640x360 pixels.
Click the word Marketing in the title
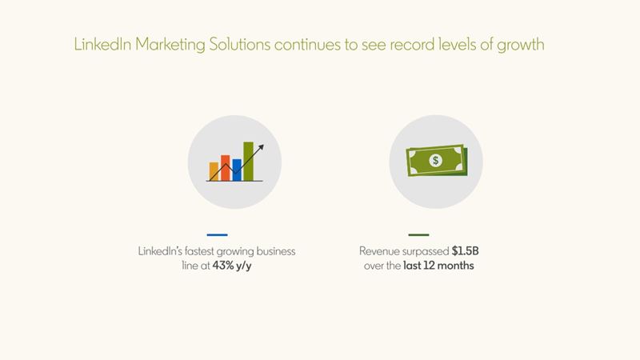point(170,45)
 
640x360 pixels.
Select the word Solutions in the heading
point(239,44)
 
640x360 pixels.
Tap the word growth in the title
point(521,45)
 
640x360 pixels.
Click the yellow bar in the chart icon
point(214,171)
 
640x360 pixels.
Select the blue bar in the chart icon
point(237,170)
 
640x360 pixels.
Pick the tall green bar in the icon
point(248,162)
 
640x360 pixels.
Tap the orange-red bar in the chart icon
point(226,168)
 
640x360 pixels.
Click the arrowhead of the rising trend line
point(261,148)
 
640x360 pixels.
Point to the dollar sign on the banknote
point(435,161)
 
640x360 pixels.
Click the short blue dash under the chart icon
point(217,234)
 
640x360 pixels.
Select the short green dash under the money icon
point(418,234)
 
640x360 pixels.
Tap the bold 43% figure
point(223,266)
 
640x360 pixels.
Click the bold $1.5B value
point(465,251)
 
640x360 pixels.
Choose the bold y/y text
point(244,266)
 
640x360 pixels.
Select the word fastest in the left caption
point(199,251)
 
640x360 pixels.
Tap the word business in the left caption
point(276,251)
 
